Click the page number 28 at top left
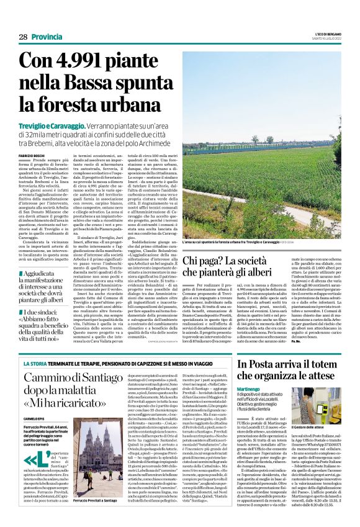[x=23, y=37]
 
